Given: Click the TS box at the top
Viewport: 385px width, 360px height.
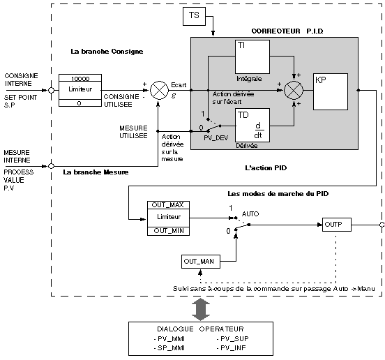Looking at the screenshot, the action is pyautogui.click(x=194, y=16).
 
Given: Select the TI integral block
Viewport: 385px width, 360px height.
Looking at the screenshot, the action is pyautogui.click(x=252, y=57).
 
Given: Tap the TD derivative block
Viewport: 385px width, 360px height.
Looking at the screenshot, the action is pyautogui.click(x=252, y=126).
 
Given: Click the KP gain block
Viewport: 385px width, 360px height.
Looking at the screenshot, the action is pyautogui.click(x=331, y=91).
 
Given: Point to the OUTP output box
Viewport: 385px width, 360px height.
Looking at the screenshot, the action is pyautogui.click(x=337, y=225).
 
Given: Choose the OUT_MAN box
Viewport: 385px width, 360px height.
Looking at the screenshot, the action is pyautogui.click(x=201, y=262).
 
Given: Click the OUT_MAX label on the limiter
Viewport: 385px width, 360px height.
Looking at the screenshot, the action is pyautogui.click(x=168, y=205).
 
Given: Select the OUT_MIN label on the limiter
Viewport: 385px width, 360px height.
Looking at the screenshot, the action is pyautogui.click(x=169, y=231).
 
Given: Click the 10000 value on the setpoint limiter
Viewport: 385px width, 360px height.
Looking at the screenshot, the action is pyautogui.click(x=80, y=79).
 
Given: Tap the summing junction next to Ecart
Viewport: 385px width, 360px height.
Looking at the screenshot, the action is pyautogui.click(x=159, y=91).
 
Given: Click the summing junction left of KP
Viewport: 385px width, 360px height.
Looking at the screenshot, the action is pyautogui.click(x=294, y=91).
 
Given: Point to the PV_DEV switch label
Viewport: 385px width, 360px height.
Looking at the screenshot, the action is pyautogui.click(x=216, y=138).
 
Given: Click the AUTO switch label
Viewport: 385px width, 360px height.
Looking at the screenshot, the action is pyautogui.click(x=250, y=214).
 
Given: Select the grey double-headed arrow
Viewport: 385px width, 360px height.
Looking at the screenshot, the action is pyautogui.click(x=201, y=309).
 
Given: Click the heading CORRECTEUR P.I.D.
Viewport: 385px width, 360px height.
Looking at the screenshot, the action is pyautogui.click(x=287, y=31).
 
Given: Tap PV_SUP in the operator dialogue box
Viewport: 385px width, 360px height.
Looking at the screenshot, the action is pyautogui.click(x=232, y=339).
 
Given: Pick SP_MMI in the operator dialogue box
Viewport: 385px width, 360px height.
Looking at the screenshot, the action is pyautogui.click(x=169, y=348).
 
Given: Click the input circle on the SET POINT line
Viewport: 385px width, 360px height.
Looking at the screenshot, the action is pyautogui.click(x=51, y=91).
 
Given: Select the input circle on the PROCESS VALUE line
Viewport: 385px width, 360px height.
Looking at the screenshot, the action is pyautogui.click(x=51, y=166).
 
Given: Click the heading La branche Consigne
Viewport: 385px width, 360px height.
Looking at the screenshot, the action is pyautogui.click(x=107, y=52).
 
